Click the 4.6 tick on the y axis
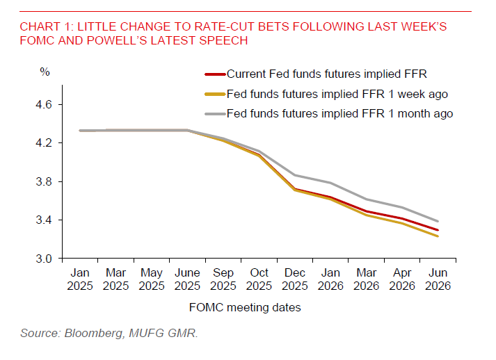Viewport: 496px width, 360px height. click(45, 105)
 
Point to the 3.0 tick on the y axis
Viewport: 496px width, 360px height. click(45, 259)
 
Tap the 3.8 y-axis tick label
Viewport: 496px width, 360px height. click(45, 182)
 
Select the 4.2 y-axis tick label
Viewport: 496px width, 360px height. click(45, 143)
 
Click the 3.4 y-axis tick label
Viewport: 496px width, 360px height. click(45, 220)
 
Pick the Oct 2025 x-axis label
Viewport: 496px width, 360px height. click(259, 279)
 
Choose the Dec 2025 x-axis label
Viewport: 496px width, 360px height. click(294, 279)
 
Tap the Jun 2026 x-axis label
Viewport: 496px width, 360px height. click(437, 279)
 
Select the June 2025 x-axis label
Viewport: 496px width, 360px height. click(188, 279)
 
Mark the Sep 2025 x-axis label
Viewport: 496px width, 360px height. click(223, 279)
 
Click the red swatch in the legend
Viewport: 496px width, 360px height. click(214, 74)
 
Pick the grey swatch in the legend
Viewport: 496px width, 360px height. click(214, 113)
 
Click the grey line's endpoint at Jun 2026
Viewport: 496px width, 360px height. click(437, 222)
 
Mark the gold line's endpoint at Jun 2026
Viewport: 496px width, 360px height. click(437, 236)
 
